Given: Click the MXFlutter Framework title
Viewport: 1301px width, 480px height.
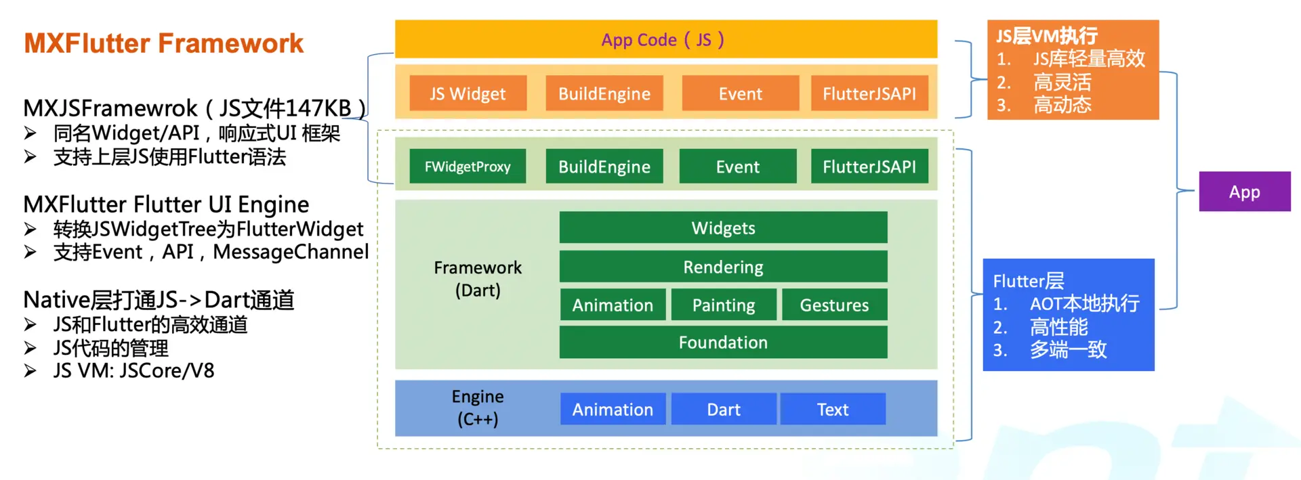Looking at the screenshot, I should coord(164,43).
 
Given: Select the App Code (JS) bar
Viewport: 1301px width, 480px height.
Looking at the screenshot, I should coord(665,39).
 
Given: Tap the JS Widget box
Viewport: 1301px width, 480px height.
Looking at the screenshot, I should coord(468,93).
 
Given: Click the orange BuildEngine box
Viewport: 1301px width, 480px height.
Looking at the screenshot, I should coord(604,93).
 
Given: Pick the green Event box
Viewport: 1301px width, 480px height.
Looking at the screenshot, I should coord(737,167).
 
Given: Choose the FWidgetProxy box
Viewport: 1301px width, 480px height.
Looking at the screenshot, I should coord(468,167).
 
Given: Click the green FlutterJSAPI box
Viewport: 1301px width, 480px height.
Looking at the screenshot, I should coord(869,167).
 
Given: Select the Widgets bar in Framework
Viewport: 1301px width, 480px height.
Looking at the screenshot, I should coord(723,227).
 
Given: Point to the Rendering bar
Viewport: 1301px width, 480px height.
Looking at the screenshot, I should coord(723,267).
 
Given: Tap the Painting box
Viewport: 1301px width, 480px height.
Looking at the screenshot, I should coord(723,305).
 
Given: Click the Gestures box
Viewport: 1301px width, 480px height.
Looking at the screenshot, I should coord(834,305).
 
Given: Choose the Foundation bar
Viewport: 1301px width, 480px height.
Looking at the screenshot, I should coord(723,343).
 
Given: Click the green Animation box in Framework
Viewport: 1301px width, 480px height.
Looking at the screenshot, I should coord(613,305).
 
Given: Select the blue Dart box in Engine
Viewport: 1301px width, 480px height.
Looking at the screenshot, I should coord(723,410).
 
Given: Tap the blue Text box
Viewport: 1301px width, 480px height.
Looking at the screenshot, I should coord(833,410).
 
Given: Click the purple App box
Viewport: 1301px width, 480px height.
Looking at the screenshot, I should coord(1244,192).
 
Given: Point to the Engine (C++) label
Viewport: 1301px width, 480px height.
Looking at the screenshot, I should coord(478,408).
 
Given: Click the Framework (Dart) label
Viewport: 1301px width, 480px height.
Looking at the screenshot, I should coord(478,278).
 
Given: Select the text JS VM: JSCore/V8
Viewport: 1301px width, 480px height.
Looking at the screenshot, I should coord(133,371).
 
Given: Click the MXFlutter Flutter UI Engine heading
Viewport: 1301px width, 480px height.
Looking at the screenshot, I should coord(166,204).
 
